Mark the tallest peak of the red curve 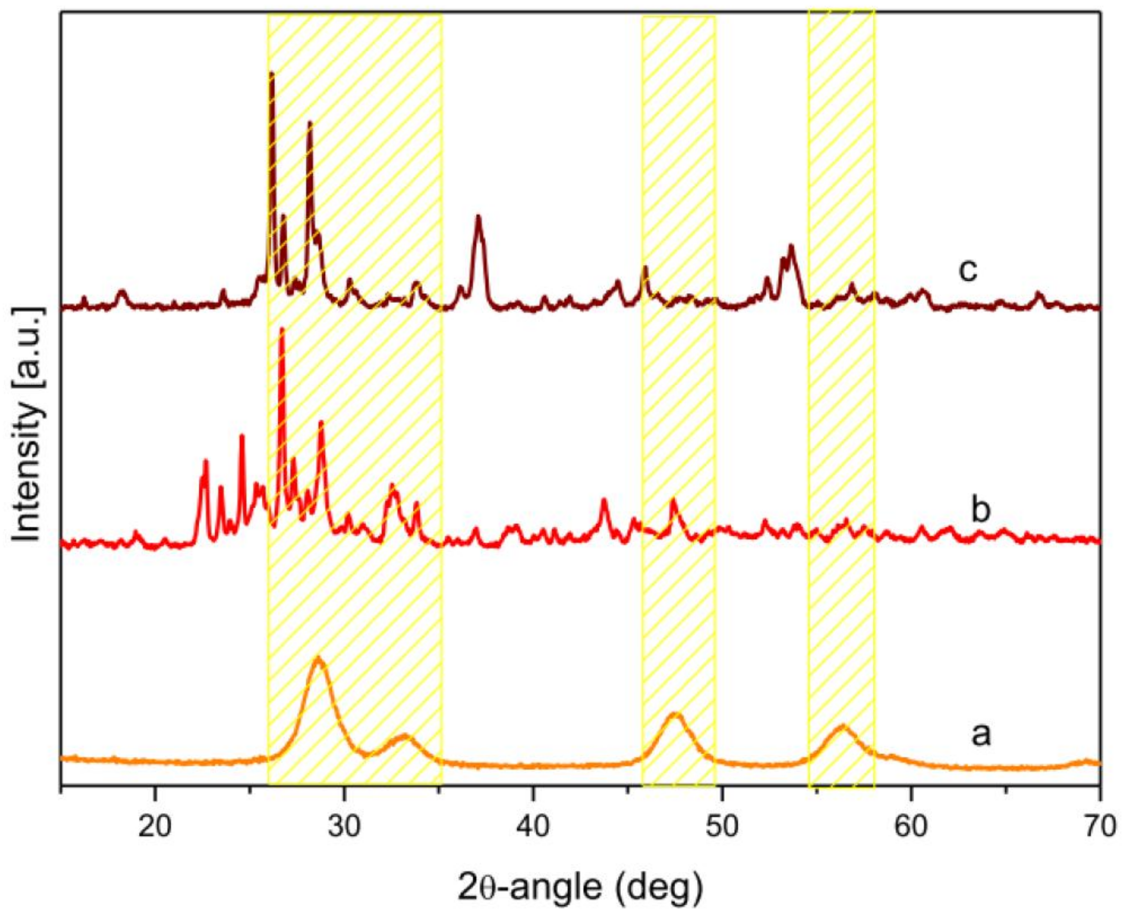tap(282, 329)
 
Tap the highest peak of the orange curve tap(317, 658)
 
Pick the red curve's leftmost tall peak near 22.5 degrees tap(205, 461)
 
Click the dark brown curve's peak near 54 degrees tap(790, 246)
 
